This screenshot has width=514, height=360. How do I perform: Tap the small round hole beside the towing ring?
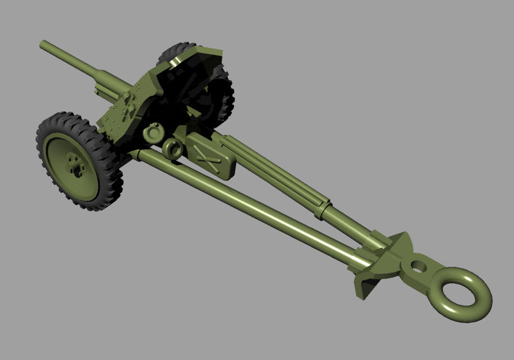[418, 265]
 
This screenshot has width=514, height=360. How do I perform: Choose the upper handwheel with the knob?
[154, 133]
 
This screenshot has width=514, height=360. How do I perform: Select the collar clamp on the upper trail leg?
[322, 209]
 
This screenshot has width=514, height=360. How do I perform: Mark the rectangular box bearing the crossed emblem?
[210, 155]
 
